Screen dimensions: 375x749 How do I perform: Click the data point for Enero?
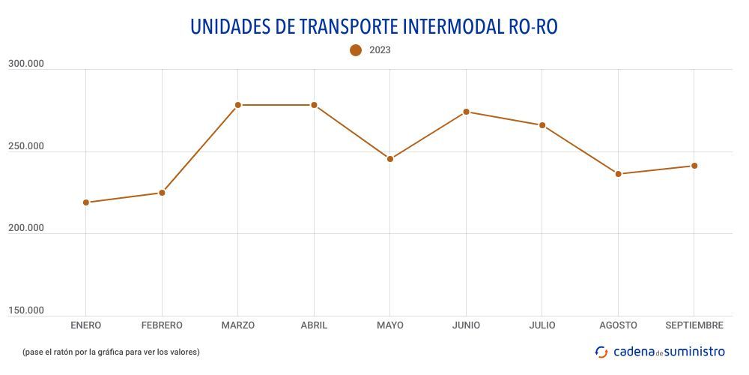[86, 202]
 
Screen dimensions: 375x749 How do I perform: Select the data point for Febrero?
[162, 193]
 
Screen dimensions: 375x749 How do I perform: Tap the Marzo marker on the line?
[238, 105]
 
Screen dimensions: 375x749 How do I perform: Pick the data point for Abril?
[314, 105]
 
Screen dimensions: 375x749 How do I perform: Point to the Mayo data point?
[390, 159]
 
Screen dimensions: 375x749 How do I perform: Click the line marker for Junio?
[466, 112]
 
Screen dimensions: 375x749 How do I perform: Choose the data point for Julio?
[542, 125]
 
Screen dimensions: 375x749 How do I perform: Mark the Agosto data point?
[619, 174]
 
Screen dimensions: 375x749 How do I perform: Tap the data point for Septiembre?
[694, 166]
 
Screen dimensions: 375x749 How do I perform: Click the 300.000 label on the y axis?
[26, 64]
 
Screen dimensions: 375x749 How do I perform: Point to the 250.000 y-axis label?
[26, 146]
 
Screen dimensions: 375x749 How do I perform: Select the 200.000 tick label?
[26, 228]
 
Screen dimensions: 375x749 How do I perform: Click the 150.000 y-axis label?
[26, 310]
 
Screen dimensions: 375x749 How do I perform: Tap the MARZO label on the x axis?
[238, 325]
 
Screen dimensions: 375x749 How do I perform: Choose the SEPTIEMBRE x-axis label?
[694, 325]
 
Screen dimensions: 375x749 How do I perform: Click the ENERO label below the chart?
[86, 325]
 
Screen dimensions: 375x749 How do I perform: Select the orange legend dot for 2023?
[356, 50]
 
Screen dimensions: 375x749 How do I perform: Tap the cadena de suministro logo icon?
[601, 352]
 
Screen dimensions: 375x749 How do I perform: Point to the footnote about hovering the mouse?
[111, 352]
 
